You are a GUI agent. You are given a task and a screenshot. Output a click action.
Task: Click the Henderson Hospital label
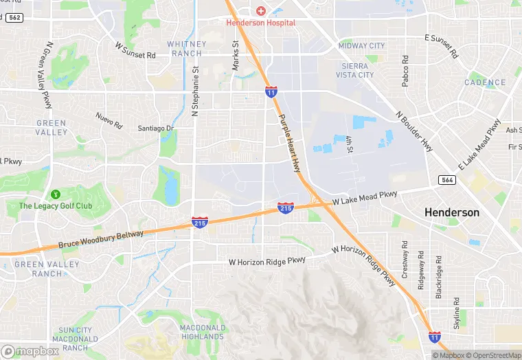coord(261,23)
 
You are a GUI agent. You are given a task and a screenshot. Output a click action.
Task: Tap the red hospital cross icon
coord(261,11)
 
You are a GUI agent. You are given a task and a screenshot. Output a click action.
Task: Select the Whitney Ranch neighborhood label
coord(185,49)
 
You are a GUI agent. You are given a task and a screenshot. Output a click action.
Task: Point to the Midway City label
coord(362,46)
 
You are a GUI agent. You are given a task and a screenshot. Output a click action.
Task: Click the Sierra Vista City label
coord(357,70)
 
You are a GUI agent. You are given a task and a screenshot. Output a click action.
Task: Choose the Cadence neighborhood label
coord(485,82)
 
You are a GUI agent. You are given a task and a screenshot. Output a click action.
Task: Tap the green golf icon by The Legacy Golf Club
coord(55,194)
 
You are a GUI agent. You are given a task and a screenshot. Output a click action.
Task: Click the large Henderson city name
coord(452,212)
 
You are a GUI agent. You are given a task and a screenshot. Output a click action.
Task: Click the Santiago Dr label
coord(156,128)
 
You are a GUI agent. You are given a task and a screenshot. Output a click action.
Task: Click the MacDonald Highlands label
coord(203,332)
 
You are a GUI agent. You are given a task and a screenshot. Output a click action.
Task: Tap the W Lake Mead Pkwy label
coord(365,198)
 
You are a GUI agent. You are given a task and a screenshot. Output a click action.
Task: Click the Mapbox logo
coord(30,350)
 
